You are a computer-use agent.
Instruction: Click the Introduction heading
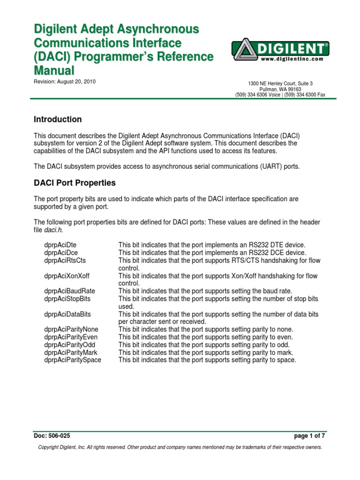[58, 120]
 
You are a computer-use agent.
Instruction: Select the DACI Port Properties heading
[75, 183]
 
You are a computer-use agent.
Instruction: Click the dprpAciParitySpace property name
[73, 360]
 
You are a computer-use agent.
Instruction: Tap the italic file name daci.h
[53, 230]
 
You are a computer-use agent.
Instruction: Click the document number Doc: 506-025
[52, 436]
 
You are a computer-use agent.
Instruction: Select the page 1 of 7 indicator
[310, 436]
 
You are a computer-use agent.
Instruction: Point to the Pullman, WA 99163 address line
[280, 89]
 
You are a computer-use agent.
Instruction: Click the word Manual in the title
[54, 71]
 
